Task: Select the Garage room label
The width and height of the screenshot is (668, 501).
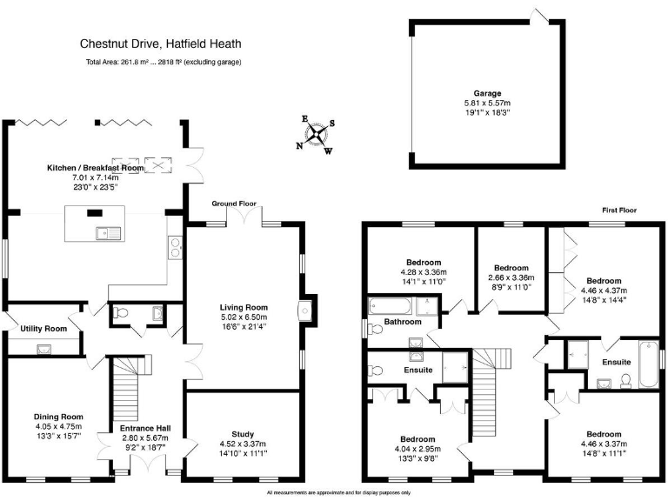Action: (x=487, y=93)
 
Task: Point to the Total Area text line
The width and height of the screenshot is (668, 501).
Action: (x=164, y=63)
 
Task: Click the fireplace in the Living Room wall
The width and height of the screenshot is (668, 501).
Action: (x=304, y=309)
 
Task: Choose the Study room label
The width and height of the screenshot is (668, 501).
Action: (x=243, y=433)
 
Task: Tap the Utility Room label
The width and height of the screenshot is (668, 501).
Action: (x=43, y=329)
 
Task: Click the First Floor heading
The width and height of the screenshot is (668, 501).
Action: (x=620, y=210)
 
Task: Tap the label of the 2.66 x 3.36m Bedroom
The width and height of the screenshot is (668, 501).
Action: (x=511, y=268)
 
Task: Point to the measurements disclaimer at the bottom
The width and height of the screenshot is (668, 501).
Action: (x=338, y=493)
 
